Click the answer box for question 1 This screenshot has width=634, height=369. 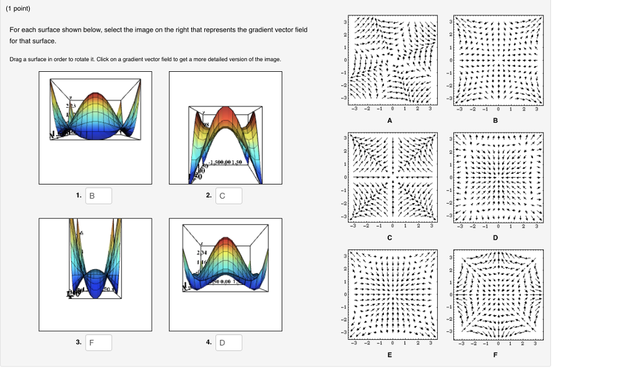(98, 196)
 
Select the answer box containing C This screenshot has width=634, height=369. (228, 196)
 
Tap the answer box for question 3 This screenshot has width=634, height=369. (98, 342)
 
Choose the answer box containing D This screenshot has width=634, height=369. (228, 342)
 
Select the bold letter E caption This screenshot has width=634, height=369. (389, 355)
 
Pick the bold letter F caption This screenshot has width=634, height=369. (495, 355)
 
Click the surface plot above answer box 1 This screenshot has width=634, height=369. (95, 128)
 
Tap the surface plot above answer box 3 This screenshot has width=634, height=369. (95, 274)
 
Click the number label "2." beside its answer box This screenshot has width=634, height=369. (209, 196)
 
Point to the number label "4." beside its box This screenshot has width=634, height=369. (209, 342)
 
